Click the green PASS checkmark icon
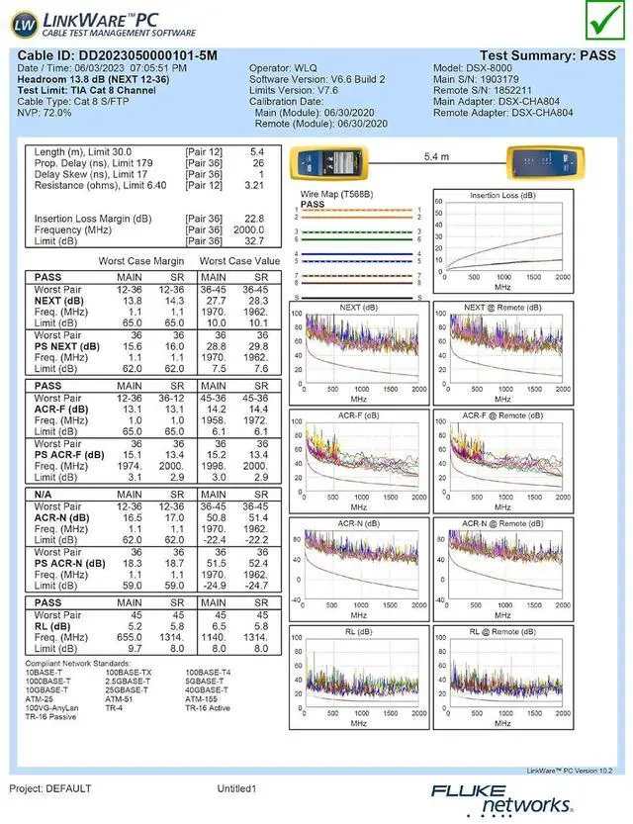click(x=599, y=19)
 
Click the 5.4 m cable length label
click(x=436, y=157)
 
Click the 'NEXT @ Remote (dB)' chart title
click(x=503, y=308)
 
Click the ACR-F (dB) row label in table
click(x=60, y=409)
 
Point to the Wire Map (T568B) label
click(x=336, y=194)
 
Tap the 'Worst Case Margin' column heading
click(x=140, y=260)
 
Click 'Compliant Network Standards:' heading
click(x=78, y=663)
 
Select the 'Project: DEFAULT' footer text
click(x=50, y=788)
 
